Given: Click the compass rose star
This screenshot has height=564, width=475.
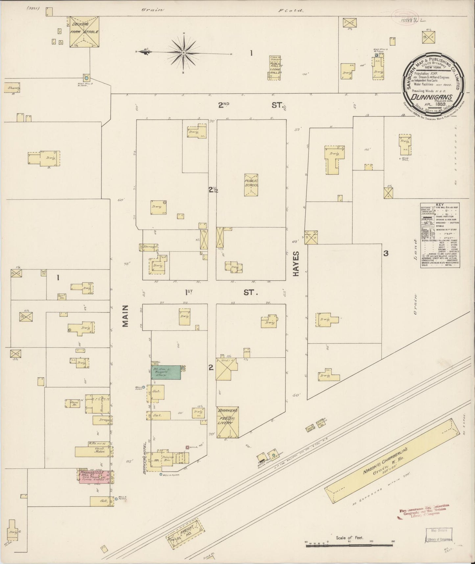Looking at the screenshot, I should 183,53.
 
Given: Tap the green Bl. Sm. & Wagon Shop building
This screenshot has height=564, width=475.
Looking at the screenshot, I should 166,372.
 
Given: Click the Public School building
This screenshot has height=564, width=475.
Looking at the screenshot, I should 251,185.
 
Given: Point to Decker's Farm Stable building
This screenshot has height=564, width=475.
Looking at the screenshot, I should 84,32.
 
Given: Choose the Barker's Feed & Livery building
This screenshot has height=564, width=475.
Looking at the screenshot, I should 227,423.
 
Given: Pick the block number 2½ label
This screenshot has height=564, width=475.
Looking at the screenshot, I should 213,190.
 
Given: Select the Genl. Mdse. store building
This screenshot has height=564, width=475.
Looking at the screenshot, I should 92,451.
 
